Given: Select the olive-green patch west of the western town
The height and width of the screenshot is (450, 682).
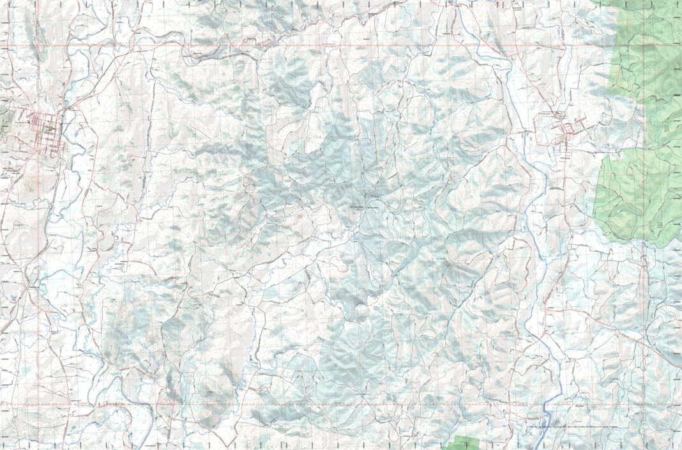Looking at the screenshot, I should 4,118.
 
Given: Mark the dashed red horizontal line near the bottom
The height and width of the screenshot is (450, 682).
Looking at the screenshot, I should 319,404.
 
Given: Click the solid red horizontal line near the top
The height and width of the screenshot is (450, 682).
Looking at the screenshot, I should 319,46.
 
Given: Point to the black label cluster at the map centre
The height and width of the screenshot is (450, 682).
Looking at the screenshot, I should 361,208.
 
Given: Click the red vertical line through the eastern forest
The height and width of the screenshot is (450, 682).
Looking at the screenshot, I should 646,192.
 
